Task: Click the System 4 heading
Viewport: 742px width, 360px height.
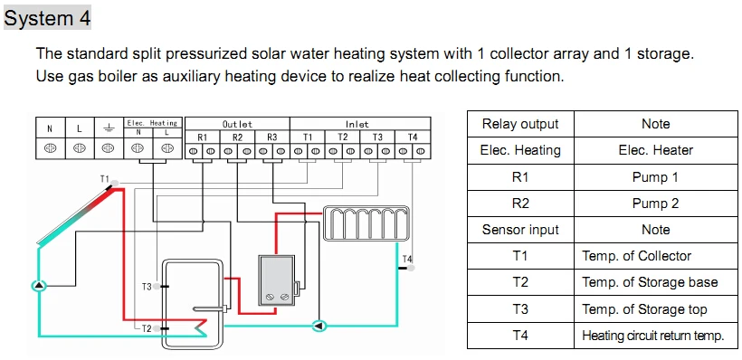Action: pyautogui.click(x=47, y=18)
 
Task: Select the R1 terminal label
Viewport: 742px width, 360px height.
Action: pyautogui.click(x=202, y=137)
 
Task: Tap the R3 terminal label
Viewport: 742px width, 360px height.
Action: pyautogui.click(x=272, y=137)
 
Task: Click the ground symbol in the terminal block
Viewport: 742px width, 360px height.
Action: pyautogui.click(x=109, y=128)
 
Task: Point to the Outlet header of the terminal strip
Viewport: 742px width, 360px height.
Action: pyautogui.click(x=237, y=124)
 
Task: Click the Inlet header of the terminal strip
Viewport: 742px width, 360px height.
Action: pyautogui.click(x=357, y=124)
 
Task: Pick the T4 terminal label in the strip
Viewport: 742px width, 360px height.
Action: pyautogui.click(x=413, y=137)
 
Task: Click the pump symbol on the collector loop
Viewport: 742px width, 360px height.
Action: pyautogui.click(x=39, y=285)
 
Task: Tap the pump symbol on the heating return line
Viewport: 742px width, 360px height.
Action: pyautogui.click(x=319, y=326)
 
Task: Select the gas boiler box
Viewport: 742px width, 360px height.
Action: pyautogui.click(x=277, y=280)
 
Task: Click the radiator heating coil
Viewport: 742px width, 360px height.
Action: pyautogui.click(x=366, y=223)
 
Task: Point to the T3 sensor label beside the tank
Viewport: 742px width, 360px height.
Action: pyautogui.click(x=147, y=286)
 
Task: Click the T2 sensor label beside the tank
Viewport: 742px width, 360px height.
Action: pyautogui.click(x=147, y=328)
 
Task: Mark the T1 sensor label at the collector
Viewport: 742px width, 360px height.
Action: pyautogui.click(x=105, y=179)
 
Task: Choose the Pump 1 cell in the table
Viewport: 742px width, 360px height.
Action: pyautogui.click(x=655, y=177)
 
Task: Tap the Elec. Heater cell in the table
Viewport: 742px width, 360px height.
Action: pyautogui.click(x=655, y=150)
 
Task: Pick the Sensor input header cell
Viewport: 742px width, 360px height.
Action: pyautogui.click(x=520, y=230)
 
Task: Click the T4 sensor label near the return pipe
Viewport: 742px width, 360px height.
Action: pyautogui.click(x=407, y=259)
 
